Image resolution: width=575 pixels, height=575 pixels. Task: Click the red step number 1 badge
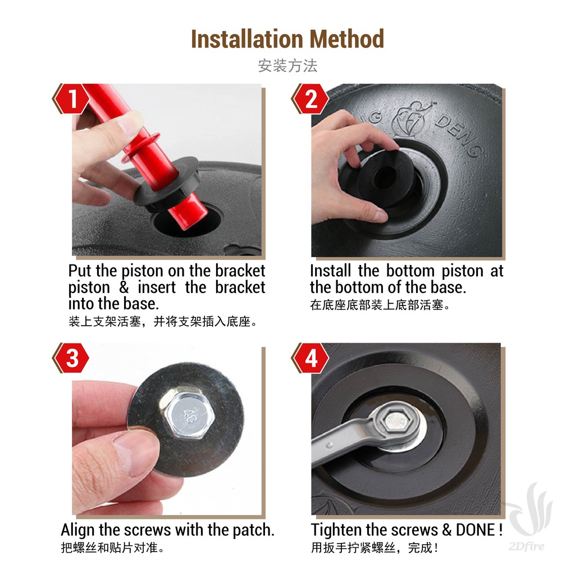72,99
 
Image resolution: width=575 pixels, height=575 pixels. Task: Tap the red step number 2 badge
311,99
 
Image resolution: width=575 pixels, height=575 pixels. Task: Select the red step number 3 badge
72,358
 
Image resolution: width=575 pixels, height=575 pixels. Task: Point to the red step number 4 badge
311,358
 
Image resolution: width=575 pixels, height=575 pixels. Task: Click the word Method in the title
346,39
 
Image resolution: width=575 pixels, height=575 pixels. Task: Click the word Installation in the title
247,39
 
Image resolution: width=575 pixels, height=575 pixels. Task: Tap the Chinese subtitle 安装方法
287,66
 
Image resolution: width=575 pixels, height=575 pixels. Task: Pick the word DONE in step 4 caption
475,530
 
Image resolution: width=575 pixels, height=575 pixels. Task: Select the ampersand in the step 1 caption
124,287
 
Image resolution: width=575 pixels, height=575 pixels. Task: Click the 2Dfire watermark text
527,546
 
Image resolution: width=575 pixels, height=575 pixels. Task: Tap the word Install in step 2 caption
330,271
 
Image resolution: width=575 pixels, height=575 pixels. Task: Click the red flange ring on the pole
140,148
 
